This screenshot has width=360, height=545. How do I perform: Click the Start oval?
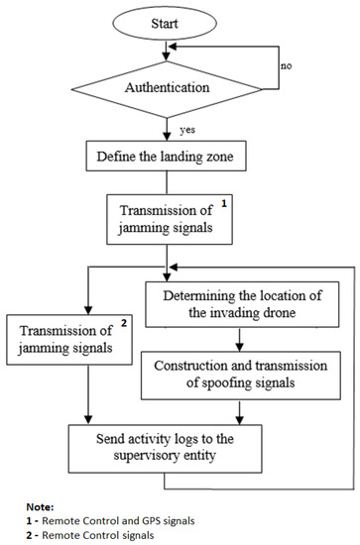pos(174,21)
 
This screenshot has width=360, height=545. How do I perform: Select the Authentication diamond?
pos(174,86)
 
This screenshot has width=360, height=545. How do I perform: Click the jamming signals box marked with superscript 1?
pos(174,218)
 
